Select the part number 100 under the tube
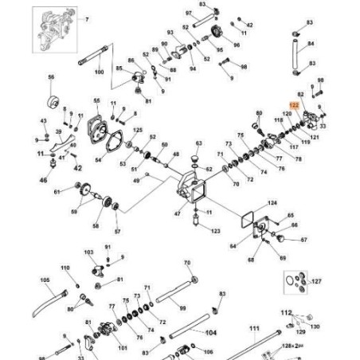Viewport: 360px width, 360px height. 100,72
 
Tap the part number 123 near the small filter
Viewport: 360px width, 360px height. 216,230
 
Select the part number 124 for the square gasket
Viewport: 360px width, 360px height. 272,203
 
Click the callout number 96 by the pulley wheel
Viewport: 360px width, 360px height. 236,46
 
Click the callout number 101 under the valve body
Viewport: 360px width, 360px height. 123,347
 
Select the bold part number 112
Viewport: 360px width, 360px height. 310,313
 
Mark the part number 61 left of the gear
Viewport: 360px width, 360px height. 57,191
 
